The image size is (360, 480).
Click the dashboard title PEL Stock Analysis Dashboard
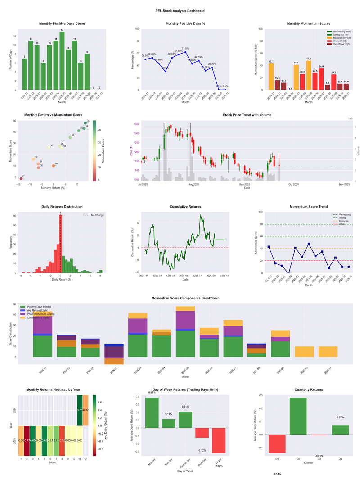coord(180,11)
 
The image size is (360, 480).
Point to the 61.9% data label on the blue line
coord(185,48)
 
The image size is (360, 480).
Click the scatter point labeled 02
coord(21,179)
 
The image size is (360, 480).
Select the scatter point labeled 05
coord(85,123)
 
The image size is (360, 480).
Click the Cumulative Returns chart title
coord(185,207)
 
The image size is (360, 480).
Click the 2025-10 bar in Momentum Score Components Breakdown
coord(304,352)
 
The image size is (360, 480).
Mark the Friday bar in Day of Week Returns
coord(219,440)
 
